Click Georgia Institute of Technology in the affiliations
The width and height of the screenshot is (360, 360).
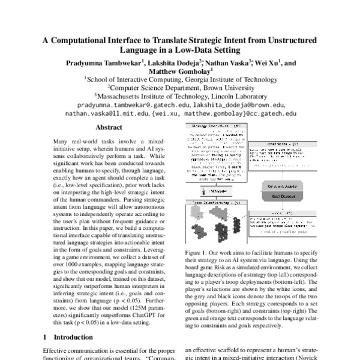[226, 79]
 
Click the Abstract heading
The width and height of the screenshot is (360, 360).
[110, 128]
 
